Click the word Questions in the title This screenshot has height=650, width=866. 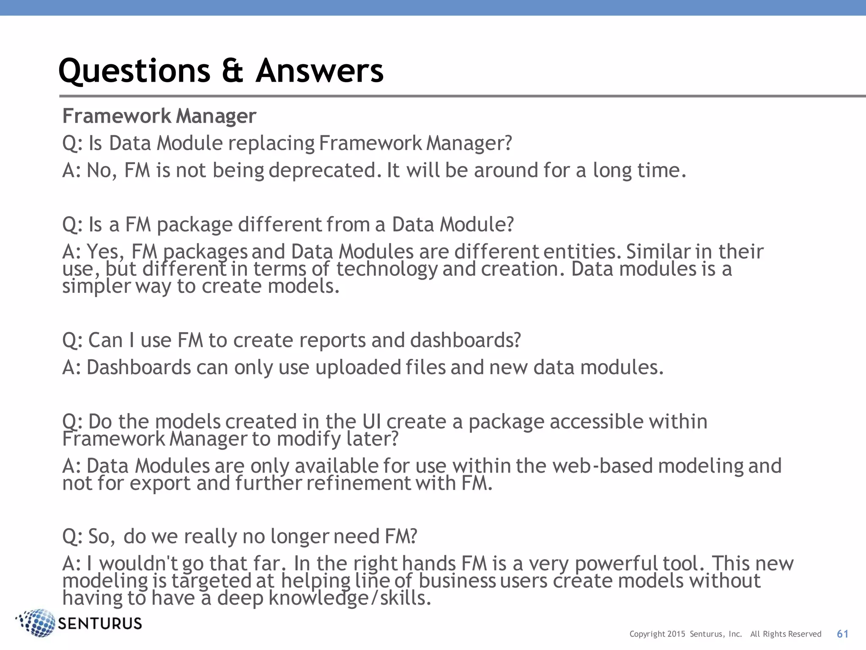[x=134, y=71]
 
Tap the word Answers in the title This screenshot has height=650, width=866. [x=319, y=71]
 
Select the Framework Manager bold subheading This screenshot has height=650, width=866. [x=159, y=116]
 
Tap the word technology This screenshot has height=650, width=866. [x=386, y=269]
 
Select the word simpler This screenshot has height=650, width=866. [x=96, y=286]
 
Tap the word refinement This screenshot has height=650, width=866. [x=359, y=483]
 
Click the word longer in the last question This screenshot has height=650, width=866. [x=299, y=537]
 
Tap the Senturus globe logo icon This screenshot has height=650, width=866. [x=37, y=622]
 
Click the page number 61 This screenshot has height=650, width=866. [x=842, y=634]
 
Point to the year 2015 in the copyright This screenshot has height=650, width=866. [x=676, y=634]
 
